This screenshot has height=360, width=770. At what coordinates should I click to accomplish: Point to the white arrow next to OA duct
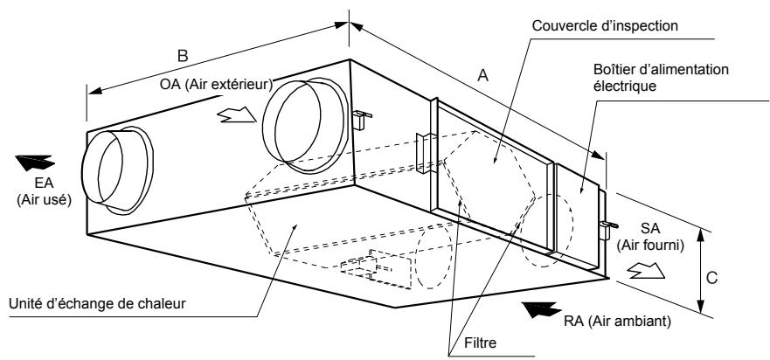click(x=233, y=116)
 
